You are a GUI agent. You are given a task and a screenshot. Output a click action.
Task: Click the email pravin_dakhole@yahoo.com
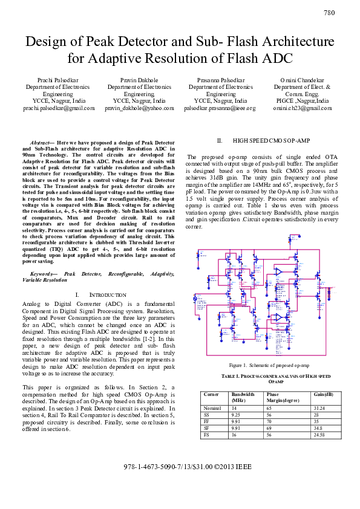tap(139, 108)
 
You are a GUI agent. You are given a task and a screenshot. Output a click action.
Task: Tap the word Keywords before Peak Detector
tap(43, 274)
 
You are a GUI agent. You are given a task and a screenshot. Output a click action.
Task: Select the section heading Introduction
tap(103, 294)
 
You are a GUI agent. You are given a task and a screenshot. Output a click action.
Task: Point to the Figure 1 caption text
tap(269, 366)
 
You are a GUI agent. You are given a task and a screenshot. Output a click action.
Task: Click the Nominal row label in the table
tap(212, 408)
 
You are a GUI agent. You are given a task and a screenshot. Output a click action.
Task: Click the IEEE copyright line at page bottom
tap(179, 467)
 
